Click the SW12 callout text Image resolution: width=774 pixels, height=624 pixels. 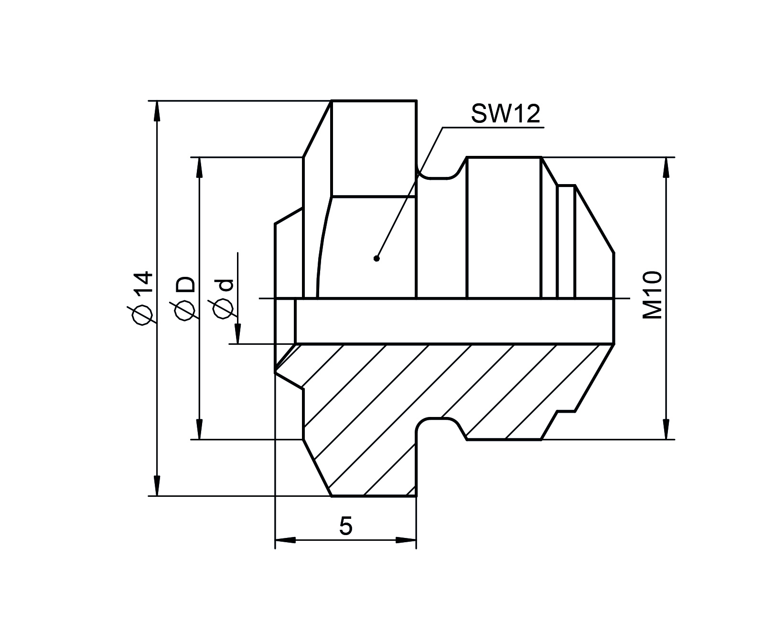505,114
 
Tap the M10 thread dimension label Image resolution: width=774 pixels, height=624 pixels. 652,295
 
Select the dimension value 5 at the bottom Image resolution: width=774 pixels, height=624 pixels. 345,526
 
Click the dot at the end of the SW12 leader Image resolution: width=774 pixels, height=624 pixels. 376,258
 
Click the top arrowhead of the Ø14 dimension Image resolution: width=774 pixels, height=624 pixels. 157,111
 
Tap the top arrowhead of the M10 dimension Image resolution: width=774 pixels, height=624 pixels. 666,167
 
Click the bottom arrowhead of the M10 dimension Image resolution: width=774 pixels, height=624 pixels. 666,429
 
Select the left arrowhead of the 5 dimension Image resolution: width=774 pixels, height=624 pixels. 285,540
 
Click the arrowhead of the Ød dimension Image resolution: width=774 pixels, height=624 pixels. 238,334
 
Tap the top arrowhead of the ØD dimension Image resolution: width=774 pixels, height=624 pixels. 200,167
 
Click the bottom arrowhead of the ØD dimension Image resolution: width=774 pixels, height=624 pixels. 200,429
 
